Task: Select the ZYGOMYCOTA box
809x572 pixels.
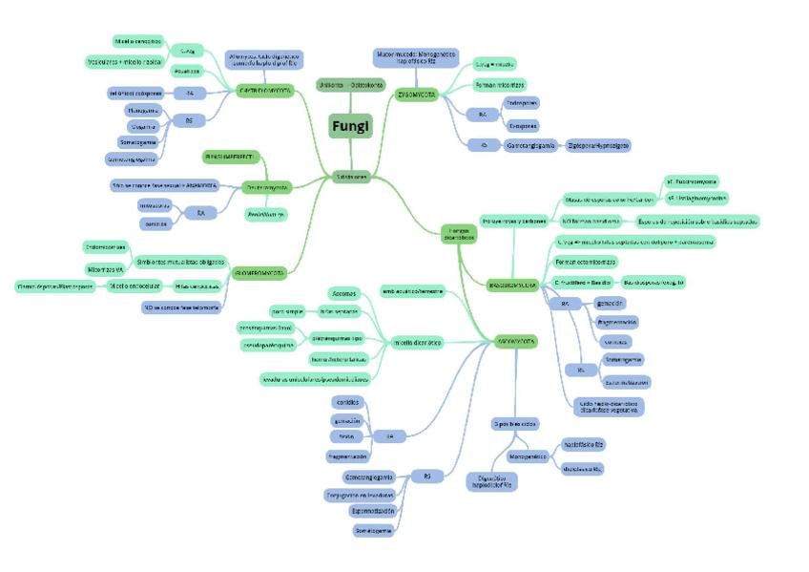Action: (x=416, y=95)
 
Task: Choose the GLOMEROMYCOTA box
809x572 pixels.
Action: (x=260, y=274)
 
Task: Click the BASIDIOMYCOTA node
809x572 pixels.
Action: (x=512, y=285)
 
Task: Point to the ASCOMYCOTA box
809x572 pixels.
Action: (x=517, y=341)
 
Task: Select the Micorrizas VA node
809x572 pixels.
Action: (x=106, y=269)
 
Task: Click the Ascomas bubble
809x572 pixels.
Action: (x=343, y=293)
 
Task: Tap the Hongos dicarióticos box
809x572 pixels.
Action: (x=459, y=233)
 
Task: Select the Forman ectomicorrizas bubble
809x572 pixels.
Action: (x=585, y=262)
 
